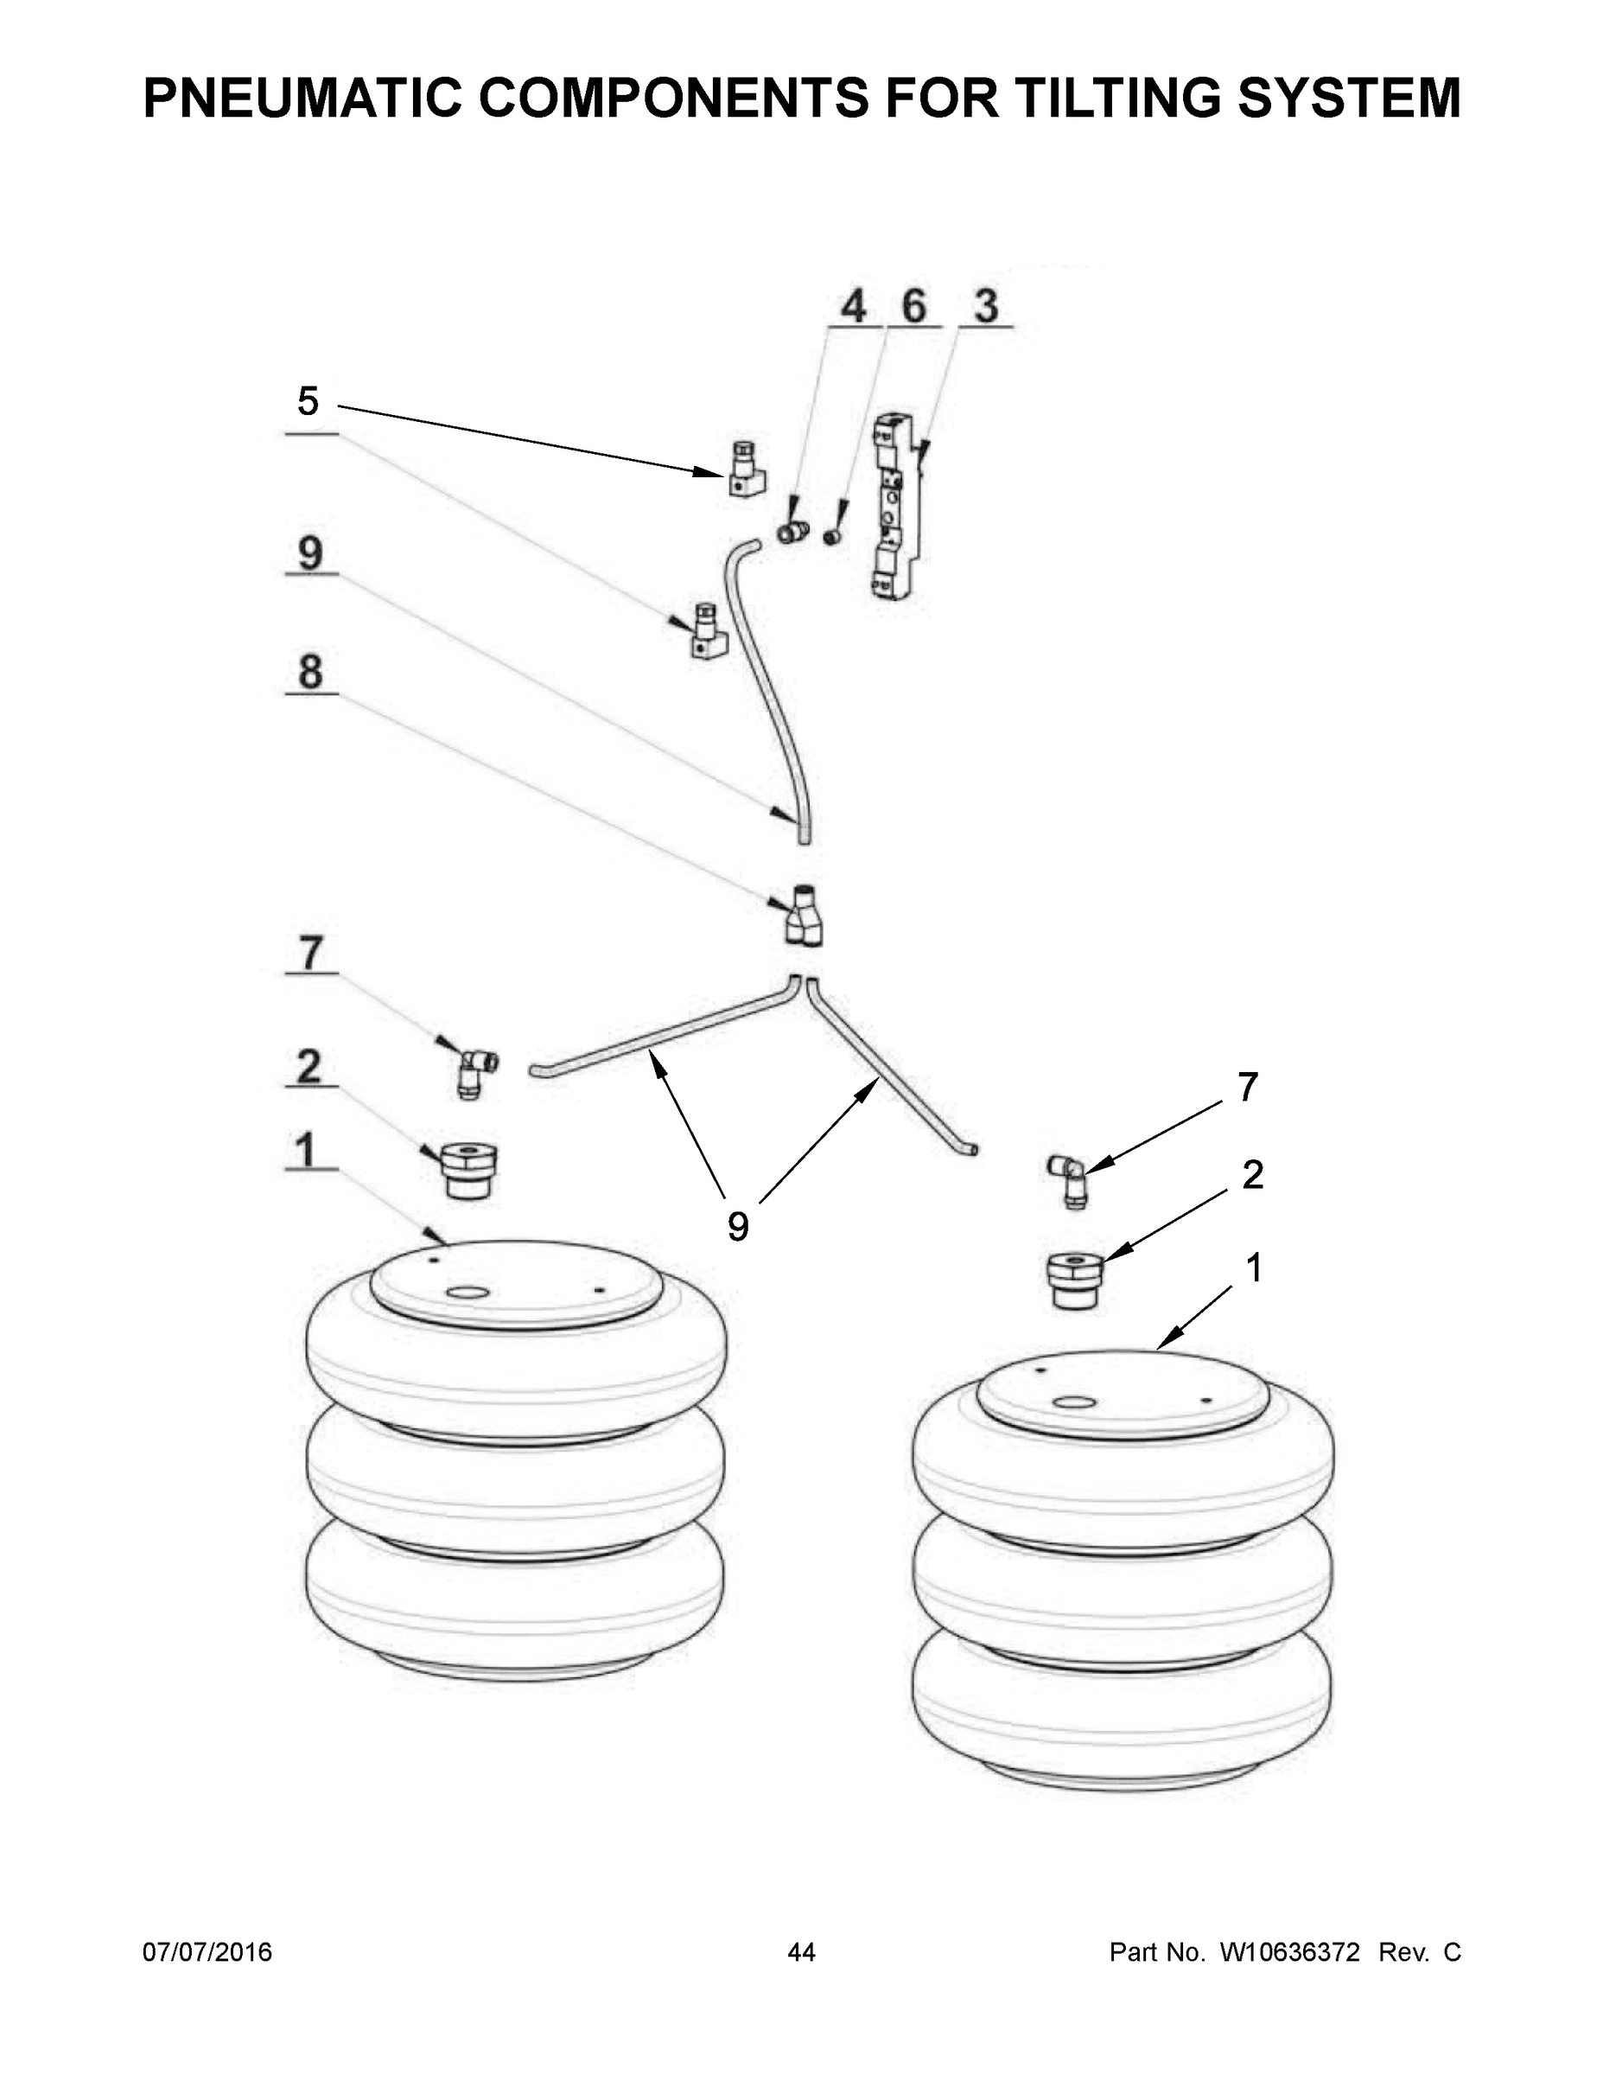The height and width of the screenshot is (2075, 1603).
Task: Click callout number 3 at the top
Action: tap(986, 307)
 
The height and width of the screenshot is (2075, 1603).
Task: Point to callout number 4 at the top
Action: tap(854, 307)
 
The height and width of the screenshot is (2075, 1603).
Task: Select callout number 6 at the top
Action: tap(913, 307)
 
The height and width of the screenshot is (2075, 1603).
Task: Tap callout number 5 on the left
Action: tap(308, 402)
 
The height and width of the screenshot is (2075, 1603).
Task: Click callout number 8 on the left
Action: tap(310, 672)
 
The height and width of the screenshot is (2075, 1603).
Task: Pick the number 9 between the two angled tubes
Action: tap(738, 1227)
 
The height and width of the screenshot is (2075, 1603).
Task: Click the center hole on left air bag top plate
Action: tap(465, 1293)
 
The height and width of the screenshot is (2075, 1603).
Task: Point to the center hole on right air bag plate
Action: tap(1074, 1403)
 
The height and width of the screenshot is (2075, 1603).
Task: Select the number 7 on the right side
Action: tap(1248, 1087)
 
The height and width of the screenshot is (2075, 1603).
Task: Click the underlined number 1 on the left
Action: tap(306, 1151)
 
